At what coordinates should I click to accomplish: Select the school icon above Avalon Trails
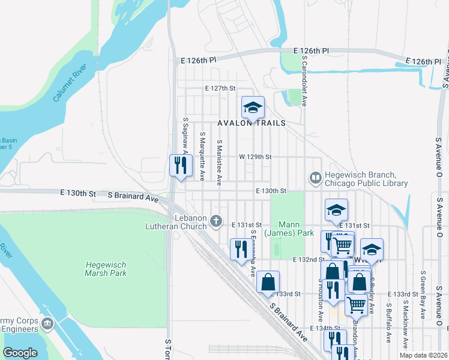253,108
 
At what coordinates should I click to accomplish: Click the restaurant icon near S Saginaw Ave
181,164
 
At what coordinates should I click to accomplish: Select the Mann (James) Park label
289,227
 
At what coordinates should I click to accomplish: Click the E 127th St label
220,88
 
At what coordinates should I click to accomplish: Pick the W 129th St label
255,157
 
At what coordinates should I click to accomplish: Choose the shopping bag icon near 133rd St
268,281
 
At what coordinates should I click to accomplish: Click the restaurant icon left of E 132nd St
241,249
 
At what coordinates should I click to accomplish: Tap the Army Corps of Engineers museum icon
47,325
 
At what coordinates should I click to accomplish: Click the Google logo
20,353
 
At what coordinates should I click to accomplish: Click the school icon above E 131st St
336,209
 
